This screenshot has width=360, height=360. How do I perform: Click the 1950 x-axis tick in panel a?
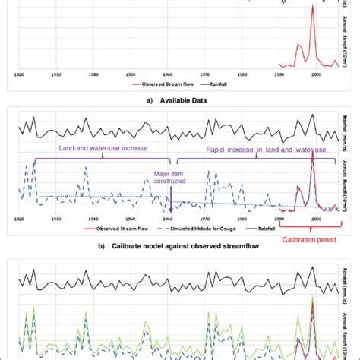click(x=130, y=74)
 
